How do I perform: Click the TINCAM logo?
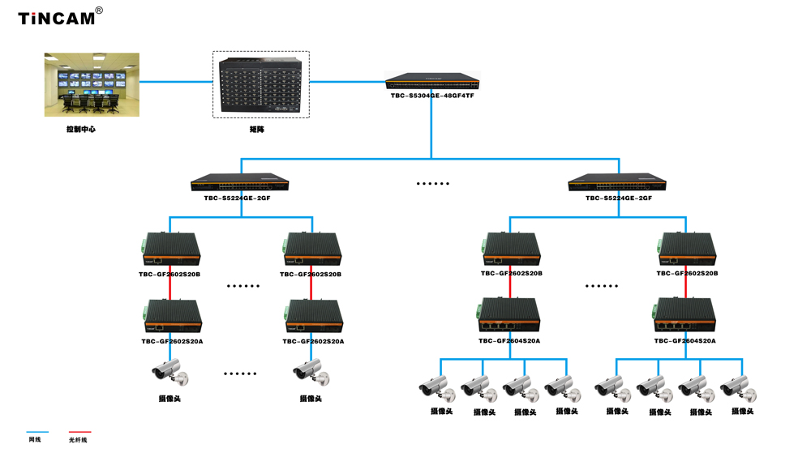56,18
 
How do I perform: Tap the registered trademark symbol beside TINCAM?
99,11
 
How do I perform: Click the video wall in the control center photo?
92,79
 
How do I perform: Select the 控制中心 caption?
81,129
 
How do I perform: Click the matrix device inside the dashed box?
260,84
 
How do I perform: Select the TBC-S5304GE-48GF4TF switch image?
432,81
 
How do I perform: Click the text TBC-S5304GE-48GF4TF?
432,96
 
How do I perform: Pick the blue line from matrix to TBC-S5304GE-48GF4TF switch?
347,81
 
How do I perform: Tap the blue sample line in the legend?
37,432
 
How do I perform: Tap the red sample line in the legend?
79,432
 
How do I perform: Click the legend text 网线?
35,440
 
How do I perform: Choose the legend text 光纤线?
78,440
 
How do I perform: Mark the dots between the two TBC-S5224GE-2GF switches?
432,184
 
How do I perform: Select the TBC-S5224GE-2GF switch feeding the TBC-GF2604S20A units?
617,182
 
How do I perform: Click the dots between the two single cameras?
240,373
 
